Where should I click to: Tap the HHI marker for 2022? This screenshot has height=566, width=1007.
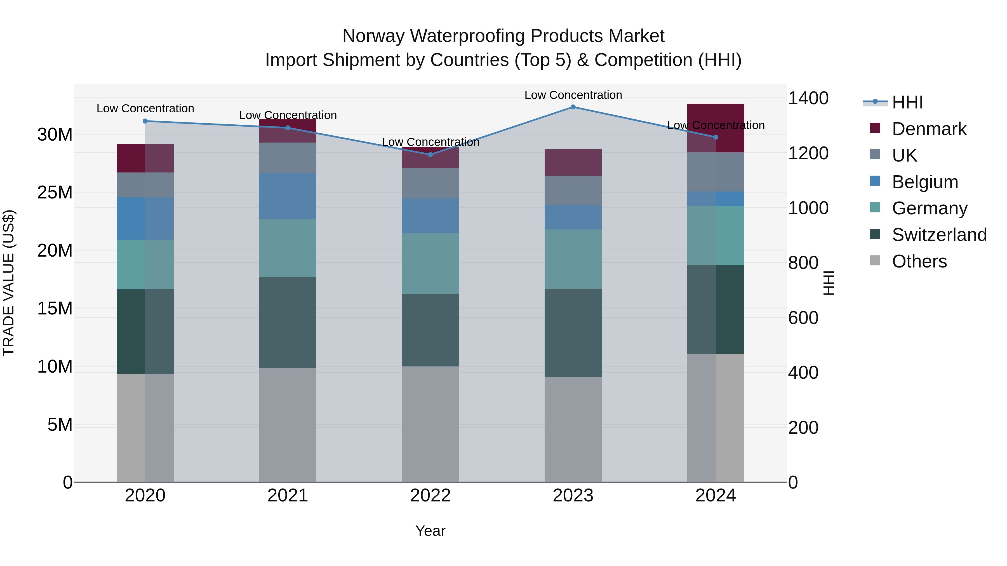click(x=430, y=155)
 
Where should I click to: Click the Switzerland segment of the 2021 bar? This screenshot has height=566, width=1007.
click(x=288, y=323)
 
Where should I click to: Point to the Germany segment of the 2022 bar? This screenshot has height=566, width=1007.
click(x=430, y=264)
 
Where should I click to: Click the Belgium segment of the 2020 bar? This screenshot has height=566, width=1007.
click(x=145, y=219)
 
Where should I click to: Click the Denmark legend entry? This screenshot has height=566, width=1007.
click(x=929, y=129)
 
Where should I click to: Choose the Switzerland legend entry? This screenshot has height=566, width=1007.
click(x=939, y=235)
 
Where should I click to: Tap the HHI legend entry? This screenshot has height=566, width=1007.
click(x=907, y=102)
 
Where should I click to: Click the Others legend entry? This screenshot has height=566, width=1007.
click(x=919, y=261)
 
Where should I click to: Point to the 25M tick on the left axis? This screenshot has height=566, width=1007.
click(x=55, y=193)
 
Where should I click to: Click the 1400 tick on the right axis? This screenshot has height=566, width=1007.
click(x=808, y=98)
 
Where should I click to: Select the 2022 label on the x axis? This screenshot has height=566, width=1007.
click(x=430, y=496)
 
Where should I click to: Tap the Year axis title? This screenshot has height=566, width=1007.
click(x=430, y=531)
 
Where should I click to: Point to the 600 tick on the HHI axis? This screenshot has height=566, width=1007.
click(x=803, y=318)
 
